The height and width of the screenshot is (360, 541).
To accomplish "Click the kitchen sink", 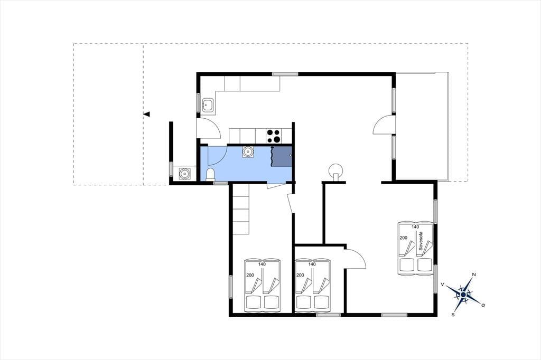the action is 208,104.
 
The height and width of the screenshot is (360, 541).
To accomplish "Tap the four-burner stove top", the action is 274,136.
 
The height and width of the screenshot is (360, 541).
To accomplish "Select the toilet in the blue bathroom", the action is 210,175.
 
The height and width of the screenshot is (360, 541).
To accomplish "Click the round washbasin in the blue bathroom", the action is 248,151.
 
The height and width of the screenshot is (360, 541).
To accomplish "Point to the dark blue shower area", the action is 281,157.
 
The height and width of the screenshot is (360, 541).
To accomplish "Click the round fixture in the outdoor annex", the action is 185,173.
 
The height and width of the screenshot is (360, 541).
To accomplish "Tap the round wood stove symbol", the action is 335,171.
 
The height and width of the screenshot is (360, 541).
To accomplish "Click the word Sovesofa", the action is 421,241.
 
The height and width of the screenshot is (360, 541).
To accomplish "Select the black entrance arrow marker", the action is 147,114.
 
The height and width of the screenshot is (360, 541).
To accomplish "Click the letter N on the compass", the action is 474,274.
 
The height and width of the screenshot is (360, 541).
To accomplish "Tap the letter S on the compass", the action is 453,315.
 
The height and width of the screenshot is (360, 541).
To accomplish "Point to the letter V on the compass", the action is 442,285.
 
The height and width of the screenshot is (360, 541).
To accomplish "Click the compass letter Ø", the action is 483,305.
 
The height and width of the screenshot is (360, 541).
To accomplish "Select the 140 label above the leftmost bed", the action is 262,264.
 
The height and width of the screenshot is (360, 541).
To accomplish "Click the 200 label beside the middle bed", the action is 300,275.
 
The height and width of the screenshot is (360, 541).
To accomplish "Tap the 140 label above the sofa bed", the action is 415,227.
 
